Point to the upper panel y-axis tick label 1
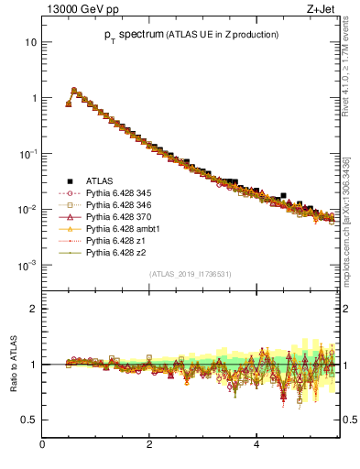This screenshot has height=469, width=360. tap(34, 98)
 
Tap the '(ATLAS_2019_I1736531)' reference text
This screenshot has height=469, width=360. tap(190, 274)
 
